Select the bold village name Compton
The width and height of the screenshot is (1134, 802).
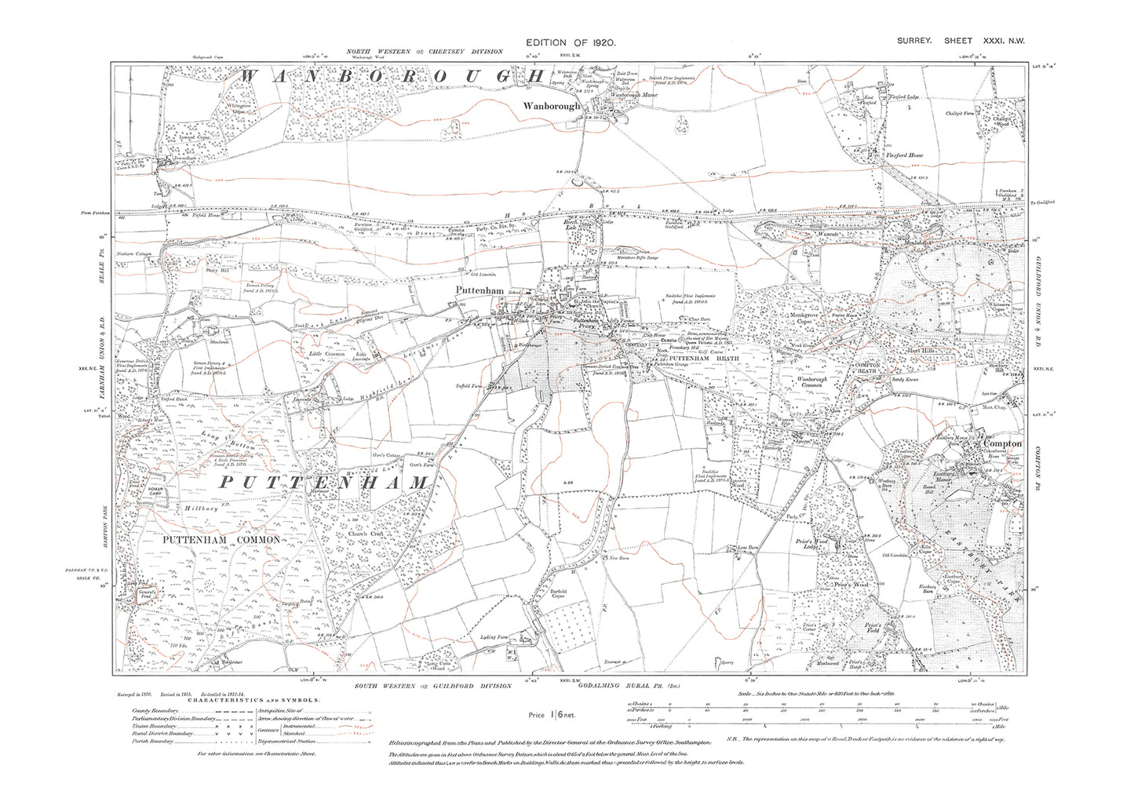click(x=1002, y=443)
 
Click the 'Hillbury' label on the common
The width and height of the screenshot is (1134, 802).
click(x=200, y=509)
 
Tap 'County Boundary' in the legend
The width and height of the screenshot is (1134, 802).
click(x=155, y=711)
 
